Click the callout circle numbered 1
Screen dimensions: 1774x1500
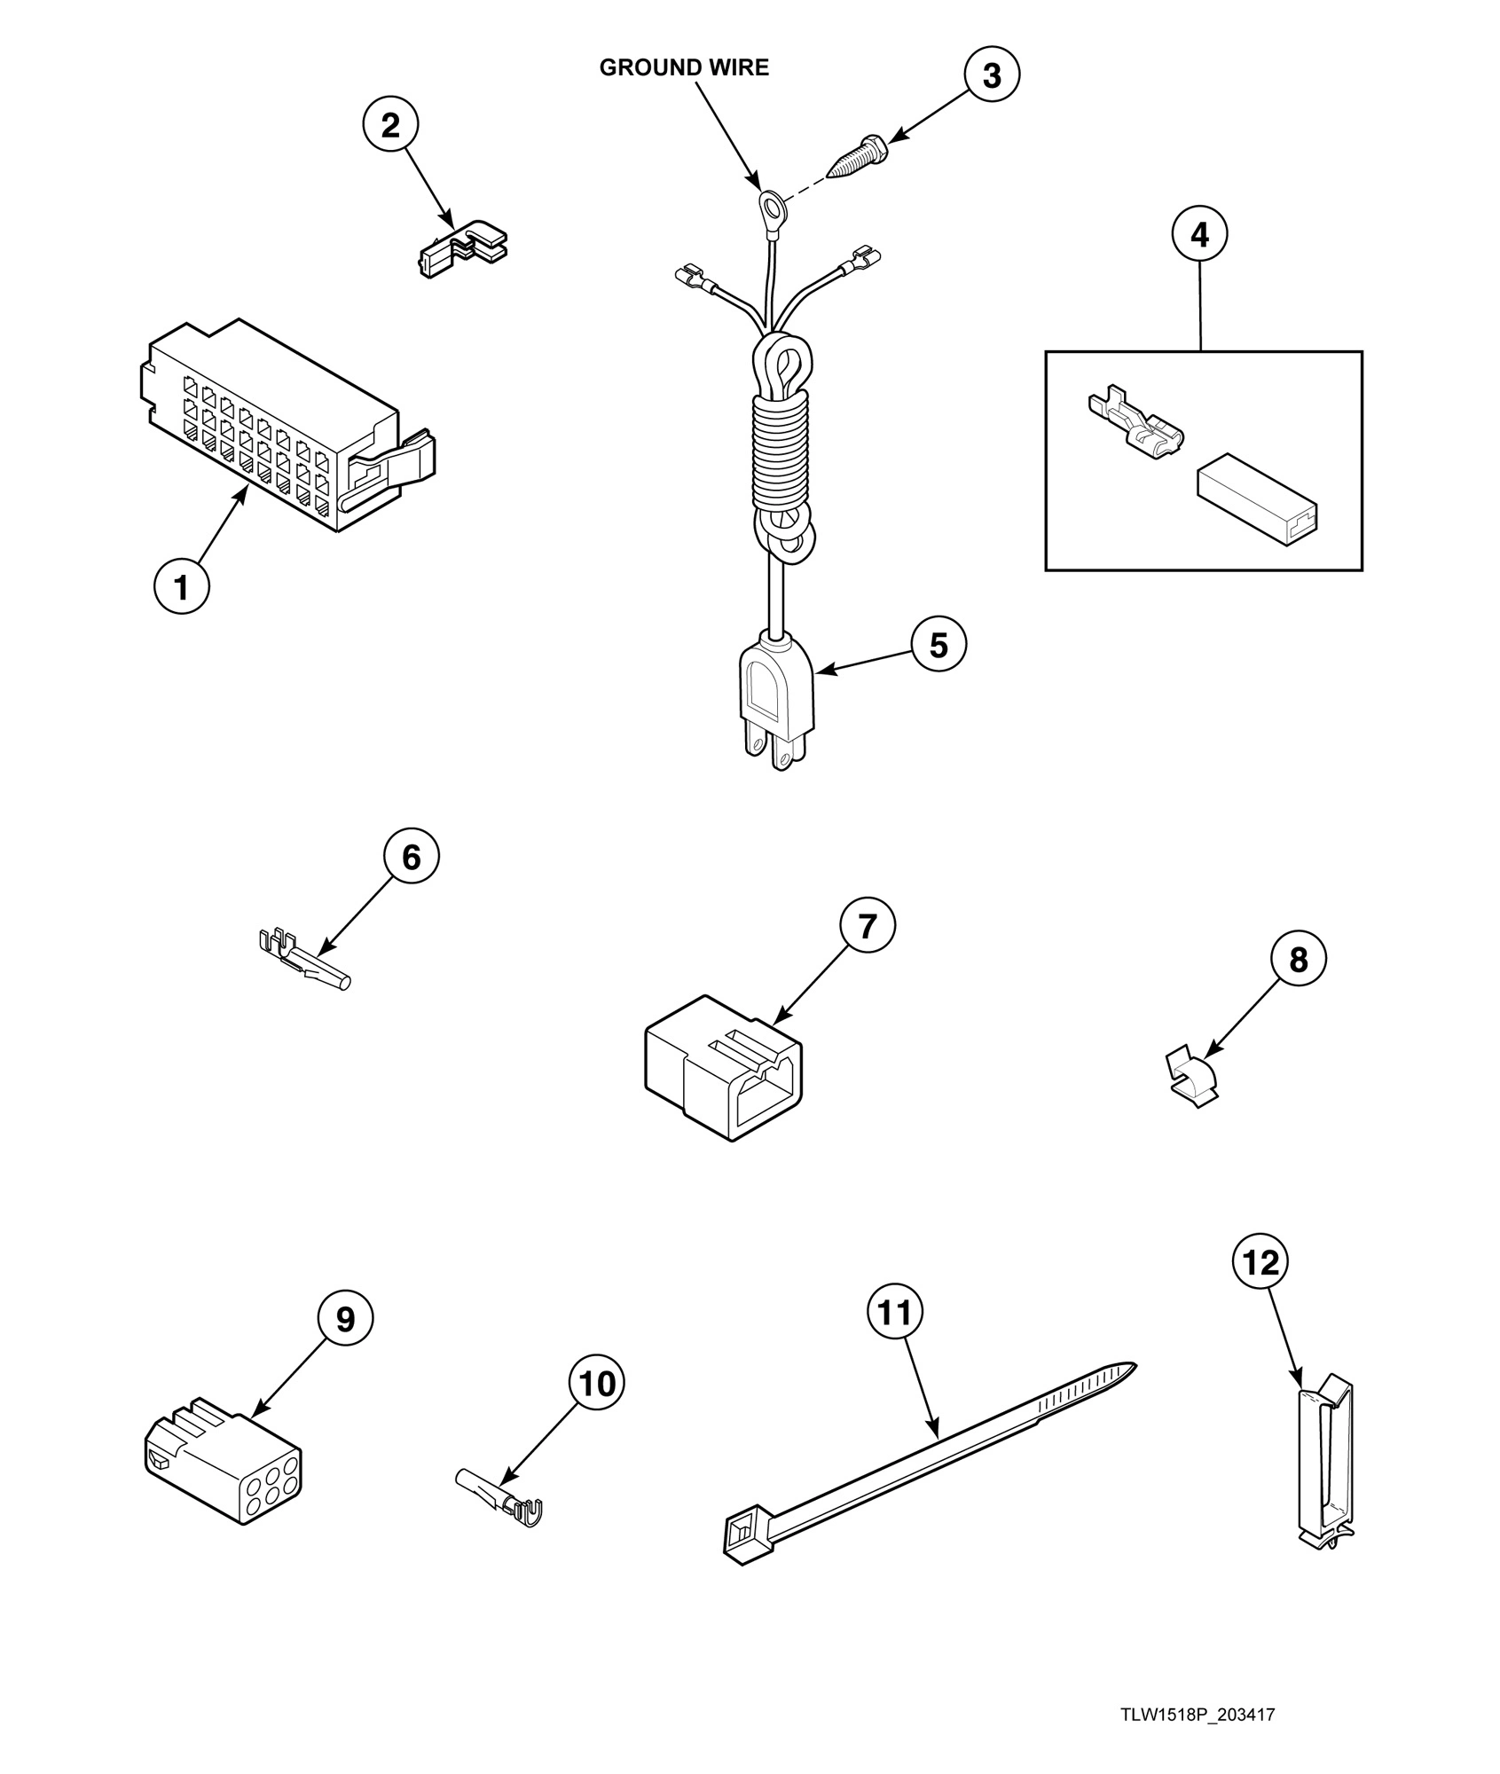point(182,586)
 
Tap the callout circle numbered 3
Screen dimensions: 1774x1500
point(992,75)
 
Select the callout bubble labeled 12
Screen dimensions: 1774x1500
point(1260,1262)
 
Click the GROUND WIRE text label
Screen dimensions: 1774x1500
point(684,68)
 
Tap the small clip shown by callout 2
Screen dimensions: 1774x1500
point(462,251)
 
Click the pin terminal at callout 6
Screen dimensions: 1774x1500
point(306,968)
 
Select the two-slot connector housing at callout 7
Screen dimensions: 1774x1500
point(724,1077)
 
